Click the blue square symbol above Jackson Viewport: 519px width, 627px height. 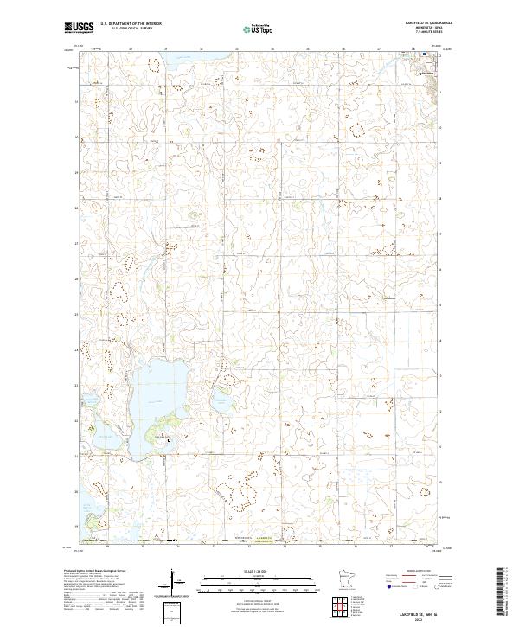click(424, 54)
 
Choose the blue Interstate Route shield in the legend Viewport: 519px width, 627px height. click(385, 586)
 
